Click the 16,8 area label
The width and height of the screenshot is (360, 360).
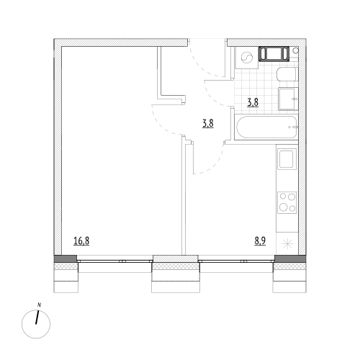coord(81,241)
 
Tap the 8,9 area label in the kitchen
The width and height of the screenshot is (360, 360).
coord(260,241)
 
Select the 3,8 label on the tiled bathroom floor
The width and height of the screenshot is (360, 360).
coord(253,102)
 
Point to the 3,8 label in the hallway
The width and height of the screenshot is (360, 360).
coord(208,124)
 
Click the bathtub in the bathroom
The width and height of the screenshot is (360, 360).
coord(267,127)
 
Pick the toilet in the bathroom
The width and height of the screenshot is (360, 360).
coord(287,74)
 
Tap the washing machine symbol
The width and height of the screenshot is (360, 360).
coord(247,58)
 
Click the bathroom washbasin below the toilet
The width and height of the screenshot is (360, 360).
coord(288,99)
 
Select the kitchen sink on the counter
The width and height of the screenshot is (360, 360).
coord(287,158)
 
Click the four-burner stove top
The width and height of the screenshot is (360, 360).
coord(287,202)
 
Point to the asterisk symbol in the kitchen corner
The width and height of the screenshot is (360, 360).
coord(287,244)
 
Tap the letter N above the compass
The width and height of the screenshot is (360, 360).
coord(40,305)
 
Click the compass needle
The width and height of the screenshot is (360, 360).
coord(37,318)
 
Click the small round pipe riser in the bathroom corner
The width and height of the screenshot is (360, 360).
coord(296,50)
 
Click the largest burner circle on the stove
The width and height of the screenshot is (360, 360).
coord(284,207)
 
